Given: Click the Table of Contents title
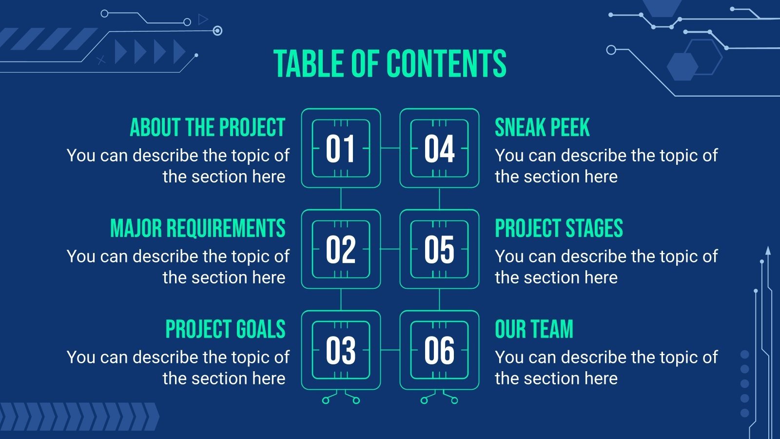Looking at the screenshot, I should (x=390, y=64).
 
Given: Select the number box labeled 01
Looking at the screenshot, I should (x=341, y=148).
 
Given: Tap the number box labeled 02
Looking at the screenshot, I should (x=341, y=249).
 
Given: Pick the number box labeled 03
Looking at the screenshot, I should (x=341, y=350).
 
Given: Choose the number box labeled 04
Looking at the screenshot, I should (x=439, y=148).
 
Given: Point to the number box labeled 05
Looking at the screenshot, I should (x=439, y=249).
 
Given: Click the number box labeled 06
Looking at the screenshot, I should (x=439, y=350).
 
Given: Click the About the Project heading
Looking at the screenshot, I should (x=207, y=128).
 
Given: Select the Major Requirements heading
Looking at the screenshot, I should (x=197, y=229).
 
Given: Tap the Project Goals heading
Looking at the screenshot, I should (x=225, y=330).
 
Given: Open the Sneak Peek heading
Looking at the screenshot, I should (x=542, y=128).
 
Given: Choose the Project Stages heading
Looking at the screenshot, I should (x=559, y=229).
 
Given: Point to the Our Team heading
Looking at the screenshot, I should (x=534, y=330).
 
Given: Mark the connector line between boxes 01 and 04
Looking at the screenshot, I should (x=390, y=148).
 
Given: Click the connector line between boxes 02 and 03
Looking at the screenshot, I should (x=341, y=299).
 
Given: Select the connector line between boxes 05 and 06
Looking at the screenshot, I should (x=439, y=299).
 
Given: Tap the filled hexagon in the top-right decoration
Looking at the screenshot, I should (x=682, y=66).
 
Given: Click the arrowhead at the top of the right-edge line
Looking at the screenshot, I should (x=768, y=251).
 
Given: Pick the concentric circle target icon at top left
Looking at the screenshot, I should (x=217, y=31).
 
